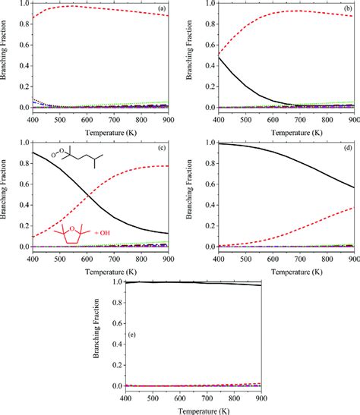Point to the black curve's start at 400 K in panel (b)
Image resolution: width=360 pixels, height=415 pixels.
pos(217,58)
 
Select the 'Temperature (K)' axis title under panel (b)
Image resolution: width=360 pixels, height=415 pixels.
pos(283,130)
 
